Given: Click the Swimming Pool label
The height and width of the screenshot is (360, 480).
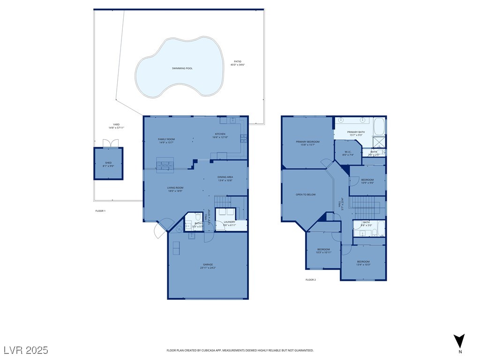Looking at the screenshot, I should (x=182, y=68).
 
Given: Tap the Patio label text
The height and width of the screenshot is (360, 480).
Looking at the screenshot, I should (x=238, y=63).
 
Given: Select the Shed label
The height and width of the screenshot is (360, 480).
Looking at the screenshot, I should (x=108, y=164).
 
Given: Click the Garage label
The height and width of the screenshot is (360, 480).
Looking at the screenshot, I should (x=208, y=266).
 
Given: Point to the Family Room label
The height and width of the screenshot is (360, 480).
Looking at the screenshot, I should (x=166, y=141).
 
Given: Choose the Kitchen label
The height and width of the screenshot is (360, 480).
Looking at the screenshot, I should (x=220, y=135).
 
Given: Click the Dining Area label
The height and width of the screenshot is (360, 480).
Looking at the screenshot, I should (x=225, y=179).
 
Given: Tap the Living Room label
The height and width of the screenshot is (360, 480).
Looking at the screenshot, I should (x=175, y=189).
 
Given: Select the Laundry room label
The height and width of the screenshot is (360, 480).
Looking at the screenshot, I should (x=229, y=223).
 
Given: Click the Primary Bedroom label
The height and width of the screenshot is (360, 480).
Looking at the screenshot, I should (x=307, y=143).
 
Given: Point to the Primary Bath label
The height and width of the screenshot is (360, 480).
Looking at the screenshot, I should (x=356, y=134).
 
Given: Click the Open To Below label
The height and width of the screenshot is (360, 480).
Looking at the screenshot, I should (x=306, y=194).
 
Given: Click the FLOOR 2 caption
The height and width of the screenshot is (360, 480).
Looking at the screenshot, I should (x=311, y=280).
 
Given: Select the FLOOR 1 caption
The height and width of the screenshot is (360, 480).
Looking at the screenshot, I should (x=100, y=211).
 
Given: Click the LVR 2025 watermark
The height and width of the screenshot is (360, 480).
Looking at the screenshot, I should (x=26, y=350).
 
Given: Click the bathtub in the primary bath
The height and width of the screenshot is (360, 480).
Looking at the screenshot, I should (x=379, y=127).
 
